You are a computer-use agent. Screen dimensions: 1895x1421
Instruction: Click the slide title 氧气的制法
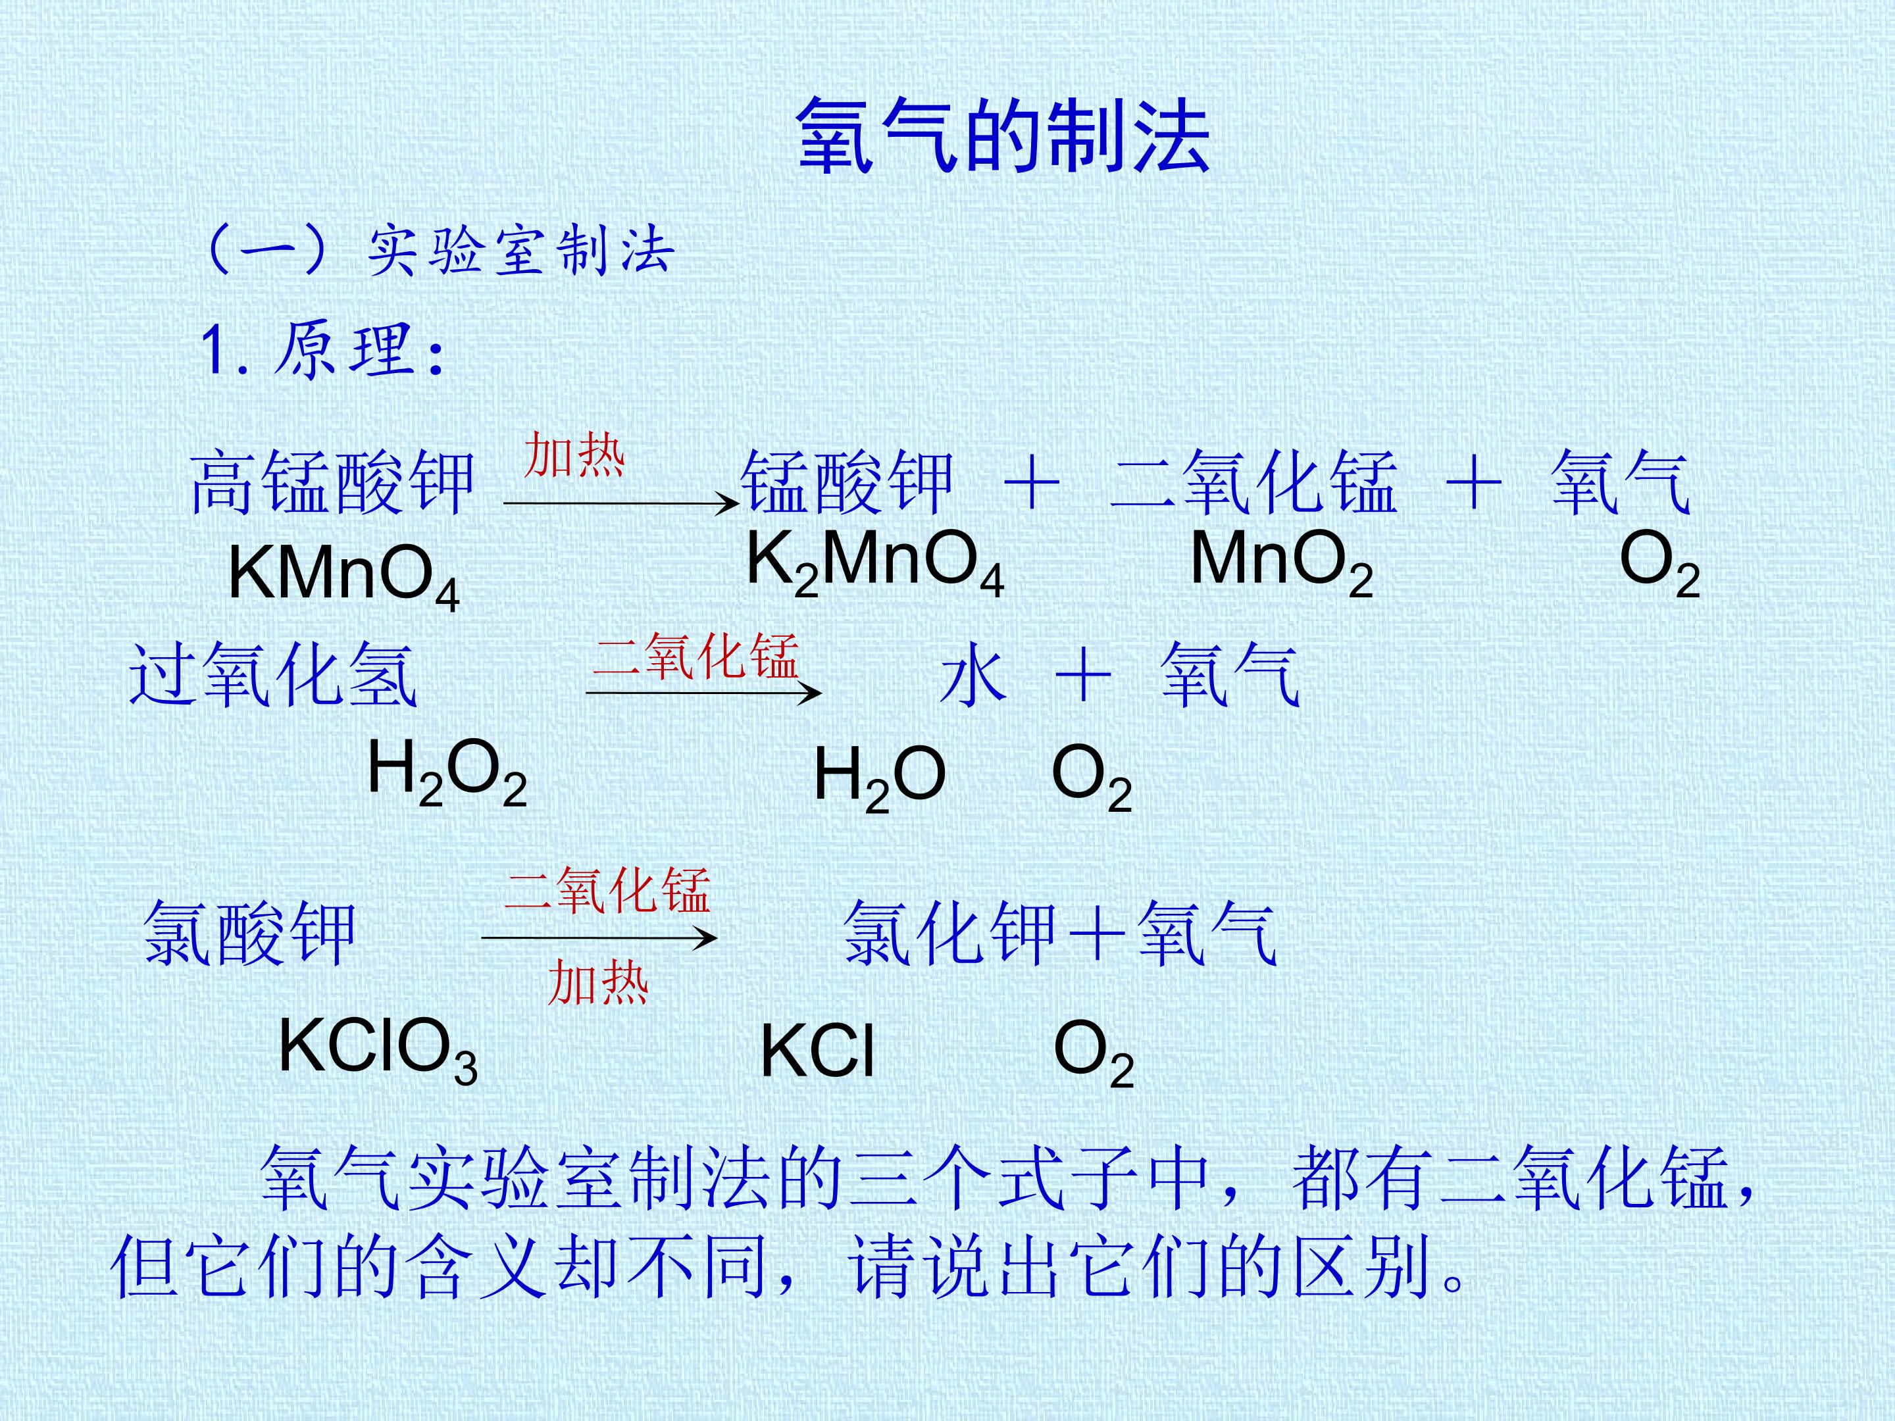(x=1003, y=136)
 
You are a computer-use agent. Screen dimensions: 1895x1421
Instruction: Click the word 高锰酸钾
(x=332, y=483)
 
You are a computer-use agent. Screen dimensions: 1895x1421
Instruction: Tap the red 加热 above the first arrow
(x=575, y=455)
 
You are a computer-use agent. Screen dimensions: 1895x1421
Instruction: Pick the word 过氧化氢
(x=273, y=676)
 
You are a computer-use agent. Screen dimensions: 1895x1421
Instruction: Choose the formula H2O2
(x=446, y=771)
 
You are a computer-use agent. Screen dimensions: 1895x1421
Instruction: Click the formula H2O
(x=879, y=776)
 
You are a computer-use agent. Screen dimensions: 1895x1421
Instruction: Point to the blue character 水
(x=973, y=676)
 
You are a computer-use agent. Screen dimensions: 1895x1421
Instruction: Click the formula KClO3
(x=378, y=1049)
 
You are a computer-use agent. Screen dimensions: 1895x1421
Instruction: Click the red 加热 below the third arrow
(x=598, y=982)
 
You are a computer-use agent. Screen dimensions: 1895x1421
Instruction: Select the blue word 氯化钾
(x=949, y=934)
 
